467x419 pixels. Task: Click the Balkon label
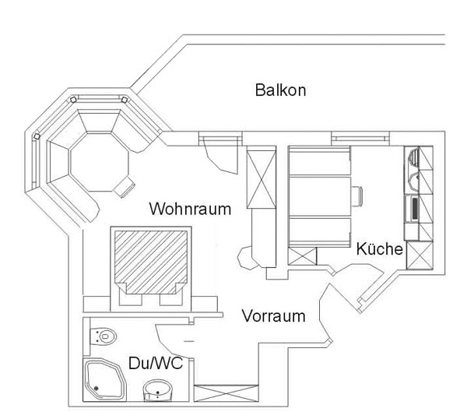[280, 90]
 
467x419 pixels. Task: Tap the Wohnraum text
[190, 209]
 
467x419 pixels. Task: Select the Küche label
[380, 249]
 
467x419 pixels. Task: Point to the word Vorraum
[273, 316]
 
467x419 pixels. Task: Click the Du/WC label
[156, 363]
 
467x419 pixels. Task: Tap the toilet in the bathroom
[103, 336]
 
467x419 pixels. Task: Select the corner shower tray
[104, 379]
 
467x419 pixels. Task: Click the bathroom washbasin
[158, 390]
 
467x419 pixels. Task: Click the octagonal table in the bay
[99, 163]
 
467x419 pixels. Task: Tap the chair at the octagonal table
[125, 187]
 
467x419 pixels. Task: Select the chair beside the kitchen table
[356, 196]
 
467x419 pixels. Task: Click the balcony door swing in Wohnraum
[219, 156]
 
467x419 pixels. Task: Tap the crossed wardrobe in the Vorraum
[226, 393]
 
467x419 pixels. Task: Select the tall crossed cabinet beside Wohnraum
[262, 179]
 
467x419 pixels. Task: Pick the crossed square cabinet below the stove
[420, 255]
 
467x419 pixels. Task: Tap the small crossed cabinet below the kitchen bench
[302, 256]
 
